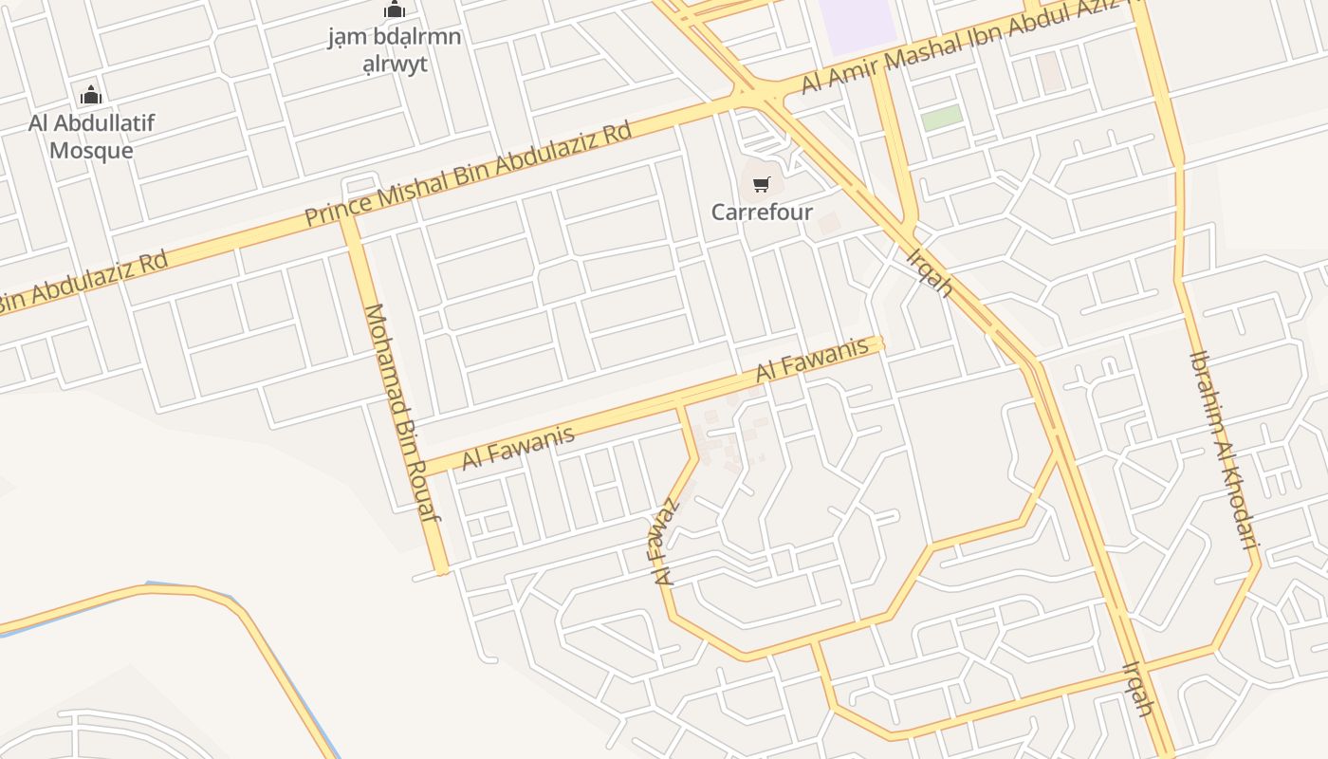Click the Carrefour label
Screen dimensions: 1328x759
pyautogui.click(x=762, y=212)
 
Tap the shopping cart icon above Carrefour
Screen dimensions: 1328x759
pyautogui.click(x=762, y=184)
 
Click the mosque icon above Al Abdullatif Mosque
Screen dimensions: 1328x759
pyautogui.click(x=91, y=95)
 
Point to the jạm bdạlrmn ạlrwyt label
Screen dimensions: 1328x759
pyautogui.click(x=394, y=50)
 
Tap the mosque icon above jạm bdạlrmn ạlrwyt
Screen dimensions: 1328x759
pyautogui.click(x=394, y=10)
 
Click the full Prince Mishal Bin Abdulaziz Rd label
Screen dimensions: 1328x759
pyautogui.click(x=468, y=174)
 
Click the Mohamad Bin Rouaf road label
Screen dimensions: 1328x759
pyautogui.click(x=402, y=413)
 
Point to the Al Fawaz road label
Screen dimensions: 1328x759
pyautogui.click(x=667, y=541)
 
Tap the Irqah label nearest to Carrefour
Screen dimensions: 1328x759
pyautogui.click(x=929, y=272)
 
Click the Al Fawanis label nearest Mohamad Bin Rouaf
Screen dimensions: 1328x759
pyautogui.click(x=518, y=448)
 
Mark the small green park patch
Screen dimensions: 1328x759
pyautogui.click(x=942, y=119)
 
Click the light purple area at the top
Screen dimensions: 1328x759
pyautogui.click(x=857, y=24)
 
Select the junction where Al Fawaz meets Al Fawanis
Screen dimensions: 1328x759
pyautogui.click(x=680, y=406)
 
